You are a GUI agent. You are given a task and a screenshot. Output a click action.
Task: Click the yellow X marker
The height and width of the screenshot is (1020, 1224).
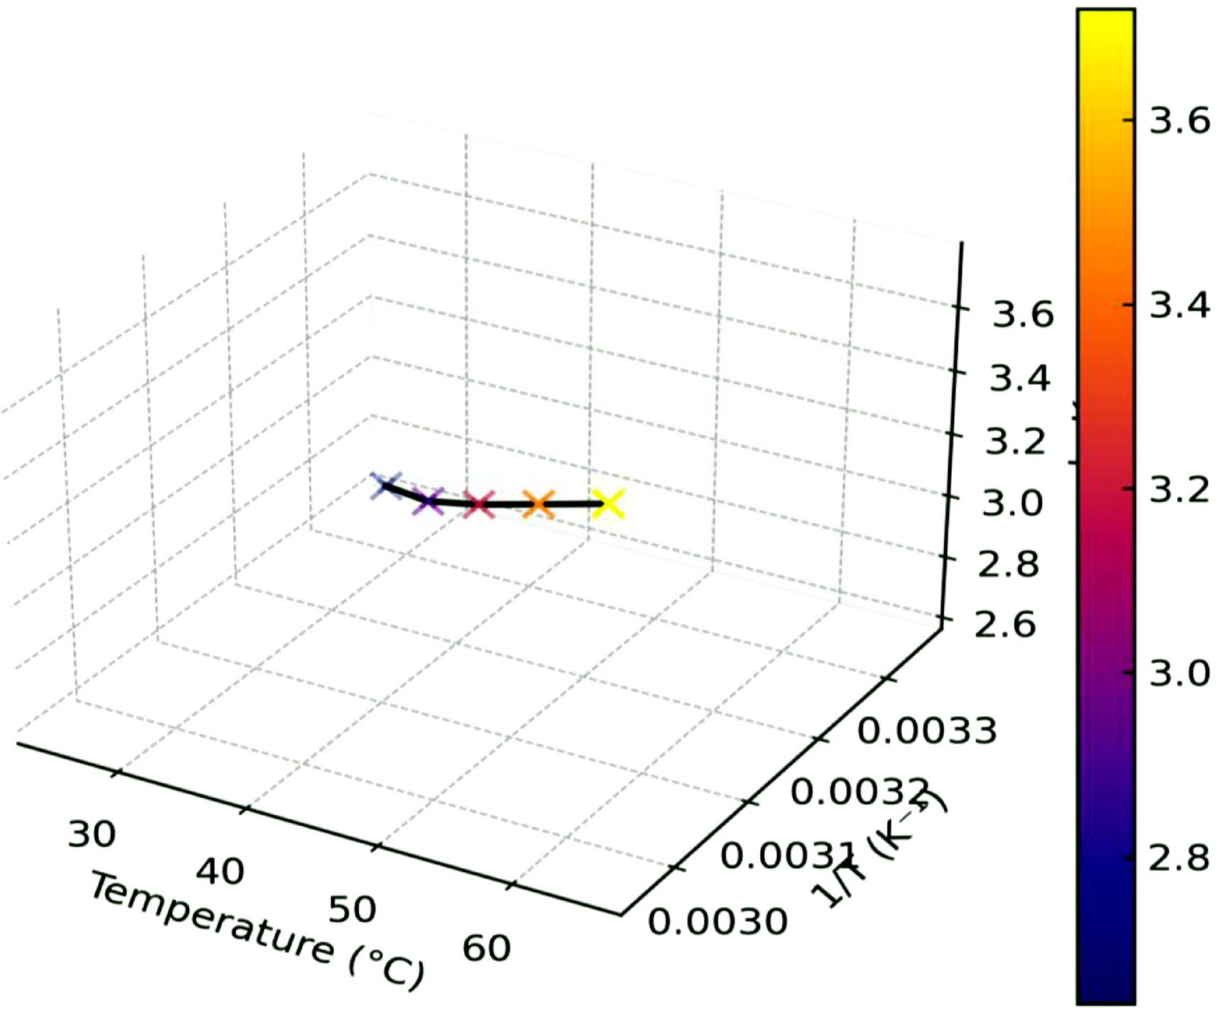pyautogui.click(x=608, y=504)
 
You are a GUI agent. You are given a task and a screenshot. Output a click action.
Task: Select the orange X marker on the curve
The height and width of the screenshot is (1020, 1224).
pyautogui.click(x=538, y=504)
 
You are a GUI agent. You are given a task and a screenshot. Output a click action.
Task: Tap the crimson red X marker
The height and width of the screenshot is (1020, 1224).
pyautogui.click(x=479, y=504)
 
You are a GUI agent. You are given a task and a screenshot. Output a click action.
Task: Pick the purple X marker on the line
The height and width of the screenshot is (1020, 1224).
pyautogui.click(x=429, y=501)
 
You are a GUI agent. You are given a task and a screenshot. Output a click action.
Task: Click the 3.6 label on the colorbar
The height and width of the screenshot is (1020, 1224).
pyautogui.click(x=1179, y=121)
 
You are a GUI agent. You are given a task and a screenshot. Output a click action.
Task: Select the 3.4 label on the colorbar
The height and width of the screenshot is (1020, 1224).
pyautogui.click(x=1179, y=306)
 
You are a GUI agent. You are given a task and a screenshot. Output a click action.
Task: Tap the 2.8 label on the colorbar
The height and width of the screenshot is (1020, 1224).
pyautogui.click(x=1179, y=857)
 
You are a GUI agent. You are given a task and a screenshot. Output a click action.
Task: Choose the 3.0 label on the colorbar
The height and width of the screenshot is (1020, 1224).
pyautogui.click(x=1179, y=672)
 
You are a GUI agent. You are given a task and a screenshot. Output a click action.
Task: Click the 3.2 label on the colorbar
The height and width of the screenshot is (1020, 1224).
pyautogui.click(x=1179, y=489)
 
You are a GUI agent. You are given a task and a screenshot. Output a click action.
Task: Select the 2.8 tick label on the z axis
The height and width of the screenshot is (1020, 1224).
pyautogui.click(x=1009, y=564)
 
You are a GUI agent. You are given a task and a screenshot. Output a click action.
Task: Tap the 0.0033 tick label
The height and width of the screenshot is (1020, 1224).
pyautogui.click(x=927, y=730)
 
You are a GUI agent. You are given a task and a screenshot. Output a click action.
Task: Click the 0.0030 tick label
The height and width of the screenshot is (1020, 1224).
pyautogui.click(x=717, y=921)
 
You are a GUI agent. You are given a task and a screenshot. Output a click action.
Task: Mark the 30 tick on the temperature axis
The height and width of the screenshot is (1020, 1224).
pyautogui.click(x=91, y=834)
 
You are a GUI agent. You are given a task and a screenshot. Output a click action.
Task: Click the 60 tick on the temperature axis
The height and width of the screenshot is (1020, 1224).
pyautogui.click(x=487, y=948)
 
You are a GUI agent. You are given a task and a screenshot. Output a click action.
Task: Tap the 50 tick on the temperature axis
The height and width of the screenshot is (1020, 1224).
pyautogui.click(x=352, y=909)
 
